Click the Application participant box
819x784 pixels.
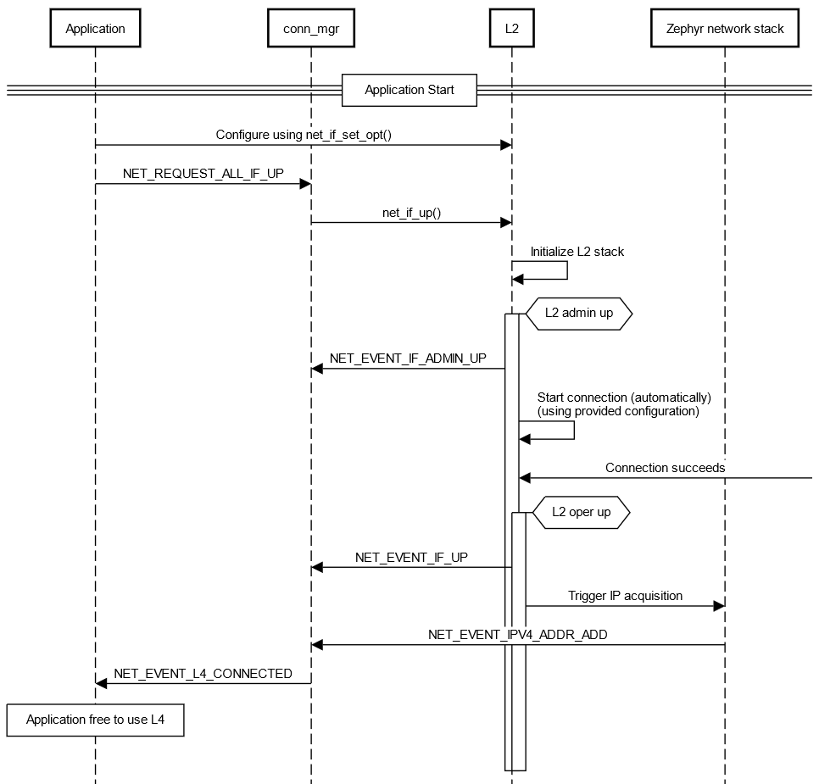coord(95,28)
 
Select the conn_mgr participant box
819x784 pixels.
coord(310,28)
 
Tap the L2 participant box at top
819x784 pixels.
coord(511,28)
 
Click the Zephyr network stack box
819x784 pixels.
coord(724,28)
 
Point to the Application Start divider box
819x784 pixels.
coord(409,90)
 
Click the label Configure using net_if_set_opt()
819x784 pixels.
coord(303,134)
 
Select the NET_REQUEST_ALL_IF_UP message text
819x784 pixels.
coord(203,173)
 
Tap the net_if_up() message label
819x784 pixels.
coord(411,212)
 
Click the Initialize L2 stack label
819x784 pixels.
coord(577,251)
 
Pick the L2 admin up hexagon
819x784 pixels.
coord(579,313)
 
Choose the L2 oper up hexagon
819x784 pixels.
coord(581,512)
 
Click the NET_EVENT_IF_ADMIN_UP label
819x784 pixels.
coord(408,358)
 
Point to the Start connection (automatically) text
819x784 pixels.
coord(623,397)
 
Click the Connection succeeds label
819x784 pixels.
coord(665,467)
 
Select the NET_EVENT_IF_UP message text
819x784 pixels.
coord(411,557)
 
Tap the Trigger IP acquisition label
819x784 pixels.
coord(625,596)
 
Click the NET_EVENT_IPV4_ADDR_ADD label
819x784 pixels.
coord(517,634)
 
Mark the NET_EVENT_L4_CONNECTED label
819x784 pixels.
coord(203,673)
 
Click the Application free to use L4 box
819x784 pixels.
coord(95,720)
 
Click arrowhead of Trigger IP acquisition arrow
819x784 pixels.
coord(719,606)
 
